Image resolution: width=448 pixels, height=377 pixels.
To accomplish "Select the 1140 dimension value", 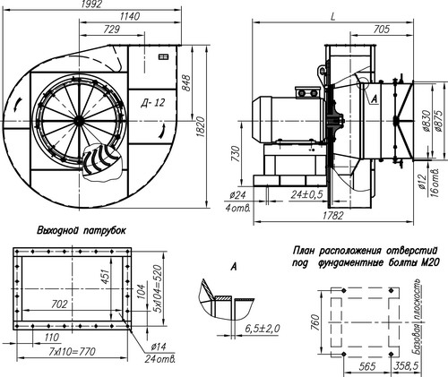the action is pyautogui.click(x=130, y=16).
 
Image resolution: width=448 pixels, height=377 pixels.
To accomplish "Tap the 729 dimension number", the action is pyautogui.click(x=111, y=30).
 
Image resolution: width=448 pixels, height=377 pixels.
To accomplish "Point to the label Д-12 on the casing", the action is pyautogui.click(x=152, y=103).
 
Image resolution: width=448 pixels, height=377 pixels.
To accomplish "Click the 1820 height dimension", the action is pyautogui.click(x=202, y=127).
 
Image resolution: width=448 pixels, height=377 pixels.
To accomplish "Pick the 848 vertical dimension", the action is pyautogui.click(x=185, y=83).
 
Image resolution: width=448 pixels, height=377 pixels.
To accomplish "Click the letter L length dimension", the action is pyautogui.click(x=333, y=17).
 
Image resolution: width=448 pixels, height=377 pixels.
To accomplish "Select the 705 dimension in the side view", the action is pyautogui.click(x=382, y=30).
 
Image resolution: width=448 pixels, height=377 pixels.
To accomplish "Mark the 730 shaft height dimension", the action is pyautogui.click(x=236, y=154).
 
